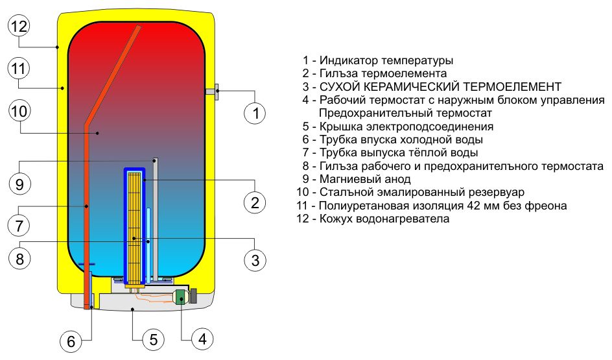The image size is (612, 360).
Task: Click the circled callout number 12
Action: pos(19,27)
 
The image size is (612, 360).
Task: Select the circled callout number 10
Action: pos(19,111)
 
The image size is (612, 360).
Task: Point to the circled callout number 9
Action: pos(19,184)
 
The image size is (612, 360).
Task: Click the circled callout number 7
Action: pos(19,226)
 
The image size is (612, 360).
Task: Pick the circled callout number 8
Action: pos(19,259)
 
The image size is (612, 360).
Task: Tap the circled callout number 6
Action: pos(71,339)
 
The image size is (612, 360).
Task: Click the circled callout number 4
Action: pos(202,339)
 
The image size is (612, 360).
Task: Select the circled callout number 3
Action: pos(255,260)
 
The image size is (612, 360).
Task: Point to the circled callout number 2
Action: pos(255,202)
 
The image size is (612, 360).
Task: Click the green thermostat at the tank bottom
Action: pos(180,298)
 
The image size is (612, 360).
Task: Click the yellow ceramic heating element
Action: pos(134,227)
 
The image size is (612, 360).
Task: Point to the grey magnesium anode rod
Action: pos(156,214)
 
